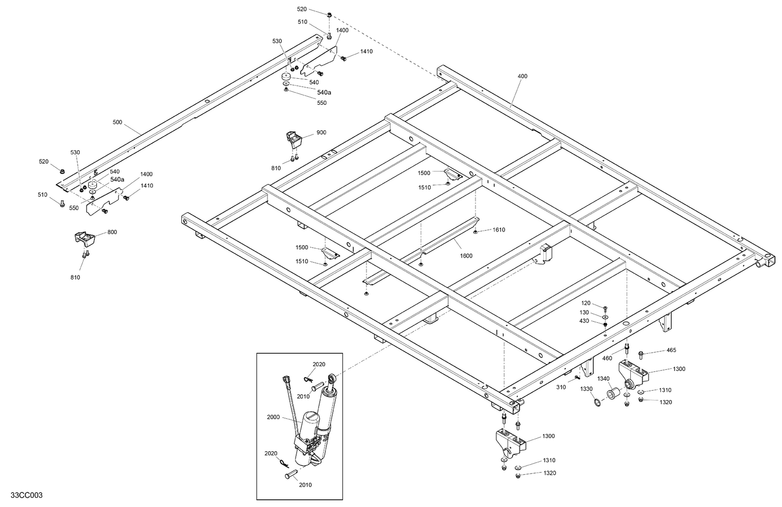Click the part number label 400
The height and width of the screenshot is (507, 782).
point(522,76)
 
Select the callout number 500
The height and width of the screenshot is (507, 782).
point(117,122)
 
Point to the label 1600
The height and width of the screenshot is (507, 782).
point(466,256)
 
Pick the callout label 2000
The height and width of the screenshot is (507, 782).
point(273,417)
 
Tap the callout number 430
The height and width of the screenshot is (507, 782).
point(584,321)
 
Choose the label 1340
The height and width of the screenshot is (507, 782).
point(603,379)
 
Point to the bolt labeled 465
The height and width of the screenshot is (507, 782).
point(641,356)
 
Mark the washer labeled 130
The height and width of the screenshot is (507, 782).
point(605,317)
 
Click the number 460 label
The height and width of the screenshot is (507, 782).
point(607,358)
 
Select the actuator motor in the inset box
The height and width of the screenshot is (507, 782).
point(310,428)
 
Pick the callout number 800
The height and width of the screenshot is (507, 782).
point(112,232)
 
